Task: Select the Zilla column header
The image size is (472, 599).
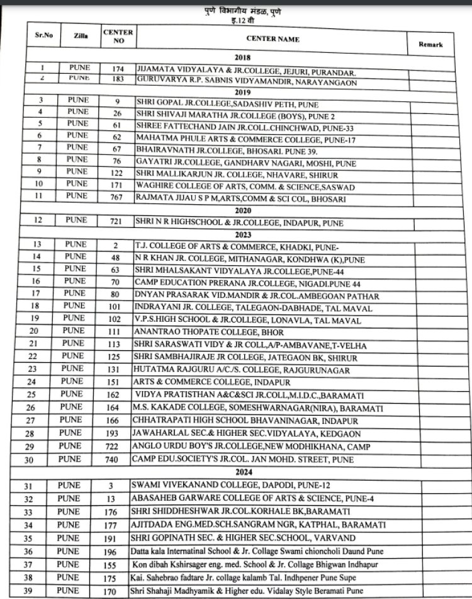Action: (81, 37)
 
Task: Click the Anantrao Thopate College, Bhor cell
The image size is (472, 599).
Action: (208, 332)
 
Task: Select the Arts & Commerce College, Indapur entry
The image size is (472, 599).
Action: (214, 382)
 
